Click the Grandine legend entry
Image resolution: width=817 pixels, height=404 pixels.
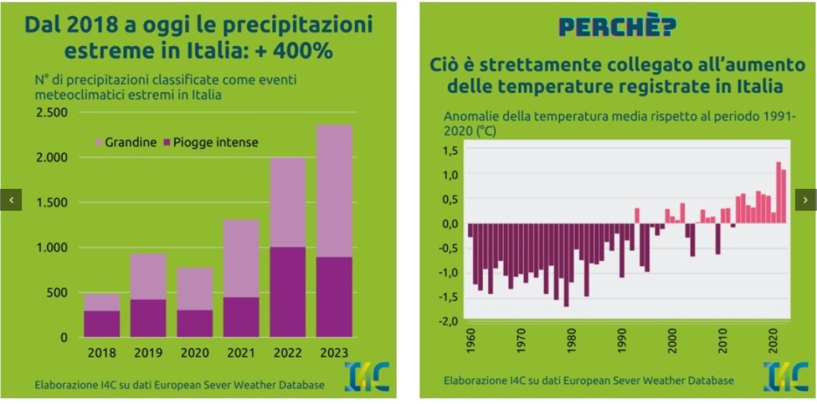pos(126,142)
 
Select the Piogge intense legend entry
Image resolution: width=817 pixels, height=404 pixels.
pos(211,142)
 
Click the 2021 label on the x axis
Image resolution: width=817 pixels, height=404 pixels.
pos(241,353)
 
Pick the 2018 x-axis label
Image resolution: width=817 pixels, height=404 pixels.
pos(102,353)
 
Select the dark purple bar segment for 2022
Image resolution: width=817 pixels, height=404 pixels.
pos(288,292)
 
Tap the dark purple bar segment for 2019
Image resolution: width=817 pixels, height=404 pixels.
pos(148,318)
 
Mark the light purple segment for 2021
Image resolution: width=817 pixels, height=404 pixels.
pos(241,258)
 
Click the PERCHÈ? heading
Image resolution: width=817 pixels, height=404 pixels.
pos(617,26)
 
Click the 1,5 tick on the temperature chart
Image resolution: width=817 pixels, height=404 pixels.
pos(450,151)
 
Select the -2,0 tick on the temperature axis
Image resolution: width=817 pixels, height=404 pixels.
pos(448,321)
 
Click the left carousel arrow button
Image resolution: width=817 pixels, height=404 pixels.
pos(11,200)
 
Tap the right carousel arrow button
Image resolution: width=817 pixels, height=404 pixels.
pos(806,200)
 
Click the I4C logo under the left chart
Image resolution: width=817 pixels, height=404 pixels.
pos(366,377)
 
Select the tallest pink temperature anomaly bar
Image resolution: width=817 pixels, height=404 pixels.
pos(779,192)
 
